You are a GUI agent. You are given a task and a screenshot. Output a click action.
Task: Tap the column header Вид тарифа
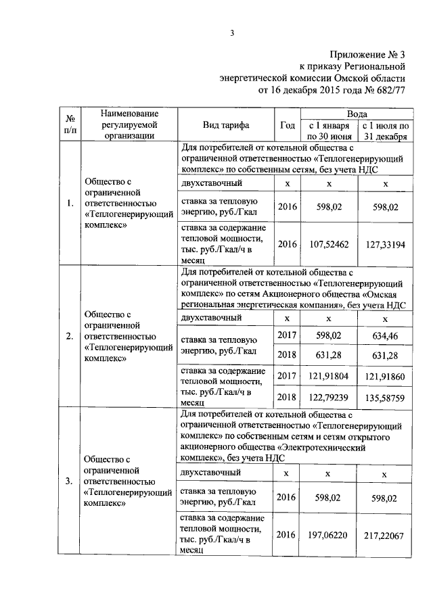226,125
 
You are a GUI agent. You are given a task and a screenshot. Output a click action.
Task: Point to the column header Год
287,125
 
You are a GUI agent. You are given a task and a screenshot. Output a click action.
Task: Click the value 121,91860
385,374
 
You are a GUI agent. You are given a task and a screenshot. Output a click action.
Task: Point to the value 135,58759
385,394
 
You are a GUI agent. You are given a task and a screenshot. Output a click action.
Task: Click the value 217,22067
385,535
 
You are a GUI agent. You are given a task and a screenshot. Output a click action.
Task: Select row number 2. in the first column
70,336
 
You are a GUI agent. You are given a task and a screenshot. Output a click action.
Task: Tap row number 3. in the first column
70,481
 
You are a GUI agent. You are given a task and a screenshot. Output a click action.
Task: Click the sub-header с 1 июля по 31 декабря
385,131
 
